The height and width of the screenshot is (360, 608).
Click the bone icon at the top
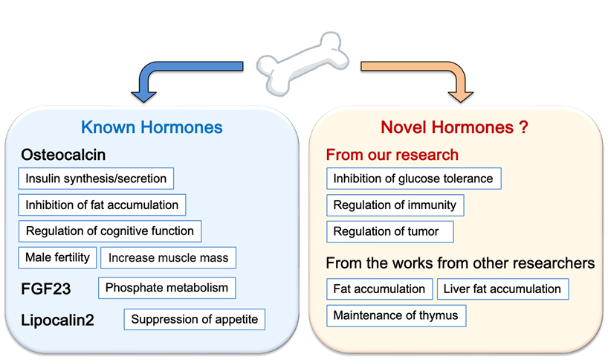tap(304, 64)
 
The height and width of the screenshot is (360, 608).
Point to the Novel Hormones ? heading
tap(454, 127)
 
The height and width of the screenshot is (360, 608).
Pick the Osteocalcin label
tap(63, 155)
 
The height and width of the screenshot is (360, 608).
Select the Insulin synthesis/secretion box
tap(96, 179)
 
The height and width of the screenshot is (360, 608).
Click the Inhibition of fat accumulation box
tap(102, 205)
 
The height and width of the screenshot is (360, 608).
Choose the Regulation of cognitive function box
tap(109, 231)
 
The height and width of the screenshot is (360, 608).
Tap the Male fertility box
tap(57, 257)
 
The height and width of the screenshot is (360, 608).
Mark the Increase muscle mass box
tap(168, 258)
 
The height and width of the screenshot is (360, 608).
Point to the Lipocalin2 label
tap(58, 319)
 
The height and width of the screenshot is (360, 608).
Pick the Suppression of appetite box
tap(194, 320)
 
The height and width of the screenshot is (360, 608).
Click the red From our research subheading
tap(392, 155)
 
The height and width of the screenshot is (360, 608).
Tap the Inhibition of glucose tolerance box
tap(413, 179)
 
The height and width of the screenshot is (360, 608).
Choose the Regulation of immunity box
tap(395, 205)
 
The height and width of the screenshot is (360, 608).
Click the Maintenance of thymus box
tap(396, 315)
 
